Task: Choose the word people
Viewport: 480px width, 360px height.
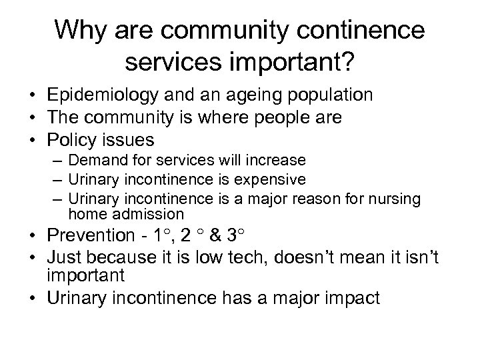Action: [279, 118]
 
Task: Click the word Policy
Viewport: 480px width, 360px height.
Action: [71, 141]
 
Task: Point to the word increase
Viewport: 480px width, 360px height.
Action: [276, 161]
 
